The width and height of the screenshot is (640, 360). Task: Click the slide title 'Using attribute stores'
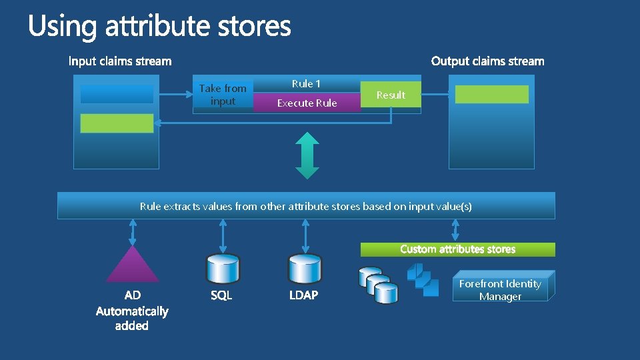pyautogui.click(x=159, y=27)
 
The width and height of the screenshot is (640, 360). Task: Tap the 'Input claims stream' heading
pyautogui.click(x=120, y=61)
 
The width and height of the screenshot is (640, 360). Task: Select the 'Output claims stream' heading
pyautogui.click(x=487, y=61)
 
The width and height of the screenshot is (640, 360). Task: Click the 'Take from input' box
pyautogui.click(x=223, y=95)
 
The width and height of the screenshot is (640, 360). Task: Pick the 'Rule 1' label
pyautogui.click(x=306, y=83)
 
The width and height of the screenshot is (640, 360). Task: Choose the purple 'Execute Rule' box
pyautogui.click(x=307, y=103)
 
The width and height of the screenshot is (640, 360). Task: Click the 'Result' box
pyautogui.click(x=391, y=95)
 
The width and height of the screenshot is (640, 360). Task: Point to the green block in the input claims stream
pyautogui.click(x=117, y=123)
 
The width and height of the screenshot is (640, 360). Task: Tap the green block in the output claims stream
pyautogui.click(x=491, y=94)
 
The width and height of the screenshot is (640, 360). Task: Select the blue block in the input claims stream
pyautogui.click(x=117, y=94)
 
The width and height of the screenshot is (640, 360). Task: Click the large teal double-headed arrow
pyautogui.click(x=307, y=155)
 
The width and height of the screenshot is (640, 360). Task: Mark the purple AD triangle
pyautogui.click(x=133, y=265)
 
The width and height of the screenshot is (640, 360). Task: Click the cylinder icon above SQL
pyautogui.click(x=222, y=269)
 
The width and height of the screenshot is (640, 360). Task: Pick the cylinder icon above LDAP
pyautogui.click(x=305, y=269)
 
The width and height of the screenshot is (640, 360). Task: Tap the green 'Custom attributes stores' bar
pyautogui.click(x=457, y=249)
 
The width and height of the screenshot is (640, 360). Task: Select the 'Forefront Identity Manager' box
pyautogui.click(x=500, y=290)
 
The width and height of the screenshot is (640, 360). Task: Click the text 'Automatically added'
pyautogui.click(x=132, y=318)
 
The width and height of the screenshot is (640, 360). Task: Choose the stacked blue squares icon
pyautogui.click(x=423, y=279)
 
